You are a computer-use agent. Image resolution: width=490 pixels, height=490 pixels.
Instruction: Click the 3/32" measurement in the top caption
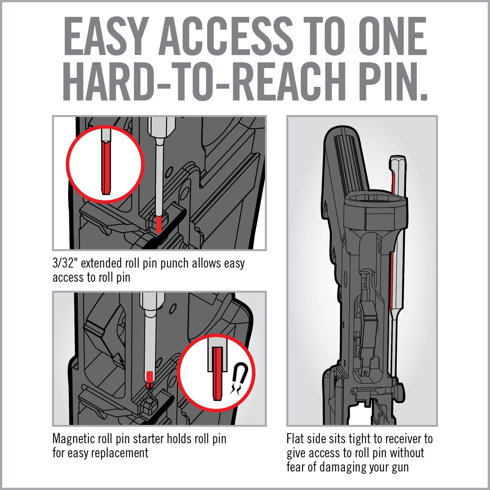65,263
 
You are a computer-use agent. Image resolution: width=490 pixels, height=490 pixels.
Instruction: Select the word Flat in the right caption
296,439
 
